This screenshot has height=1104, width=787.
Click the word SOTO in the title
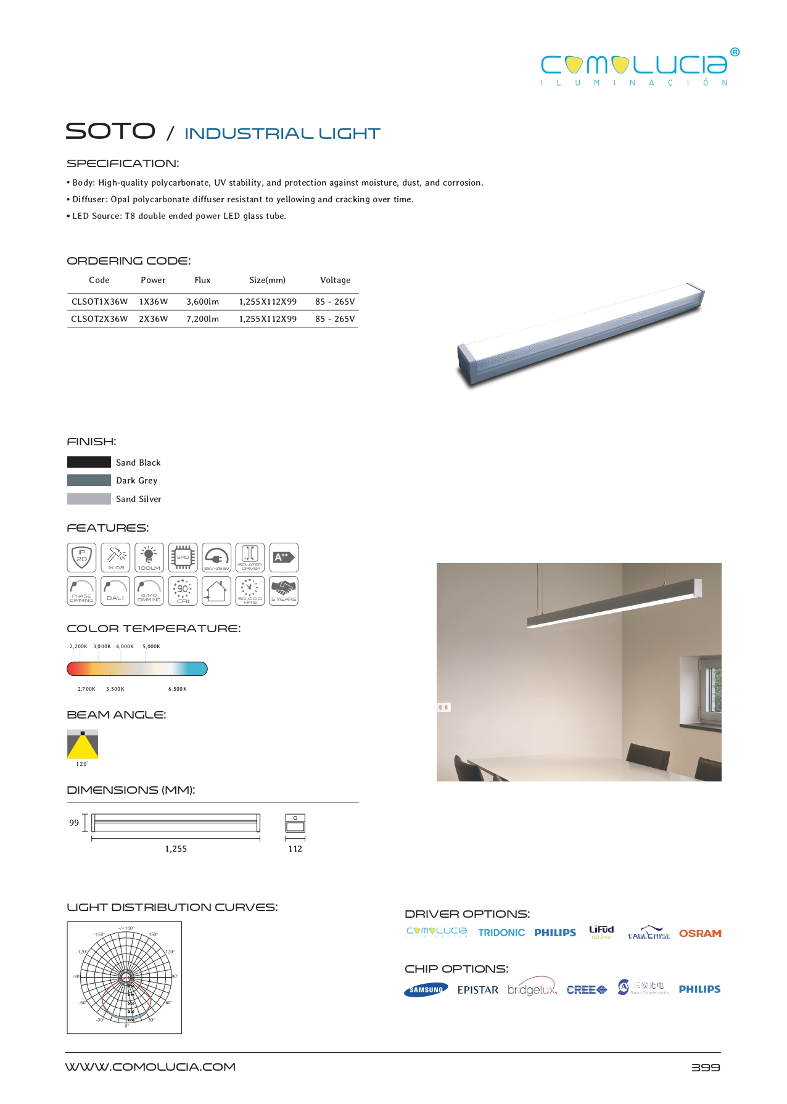click(110, 131)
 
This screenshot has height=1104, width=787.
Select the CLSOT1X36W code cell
click(99, 302)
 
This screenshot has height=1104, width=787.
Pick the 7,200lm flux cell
click(202, 319)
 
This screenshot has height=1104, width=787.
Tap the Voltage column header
click(335, 280)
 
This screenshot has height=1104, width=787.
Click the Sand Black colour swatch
click(89, 462)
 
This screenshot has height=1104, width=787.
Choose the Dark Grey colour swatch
click(89, 480)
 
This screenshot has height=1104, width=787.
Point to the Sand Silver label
click(139, 499)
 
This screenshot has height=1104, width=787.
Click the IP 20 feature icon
click(81, 558)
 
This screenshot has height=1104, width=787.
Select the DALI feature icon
click(115, 591)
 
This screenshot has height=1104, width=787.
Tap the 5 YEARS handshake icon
click(284, 591)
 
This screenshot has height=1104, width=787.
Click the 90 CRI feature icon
click(183, 591)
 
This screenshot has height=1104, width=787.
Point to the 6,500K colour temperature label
click(178, 689)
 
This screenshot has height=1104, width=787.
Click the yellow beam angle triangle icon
click(83, 745)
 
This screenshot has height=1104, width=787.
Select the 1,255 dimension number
click(176, 849)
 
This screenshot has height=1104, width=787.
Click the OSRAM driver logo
click(700, 933)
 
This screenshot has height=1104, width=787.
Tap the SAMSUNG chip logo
click(426, 989)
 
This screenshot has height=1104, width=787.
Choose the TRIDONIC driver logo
click(501, 933)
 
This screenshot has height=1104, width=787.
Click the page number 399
click(706, 1068)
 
